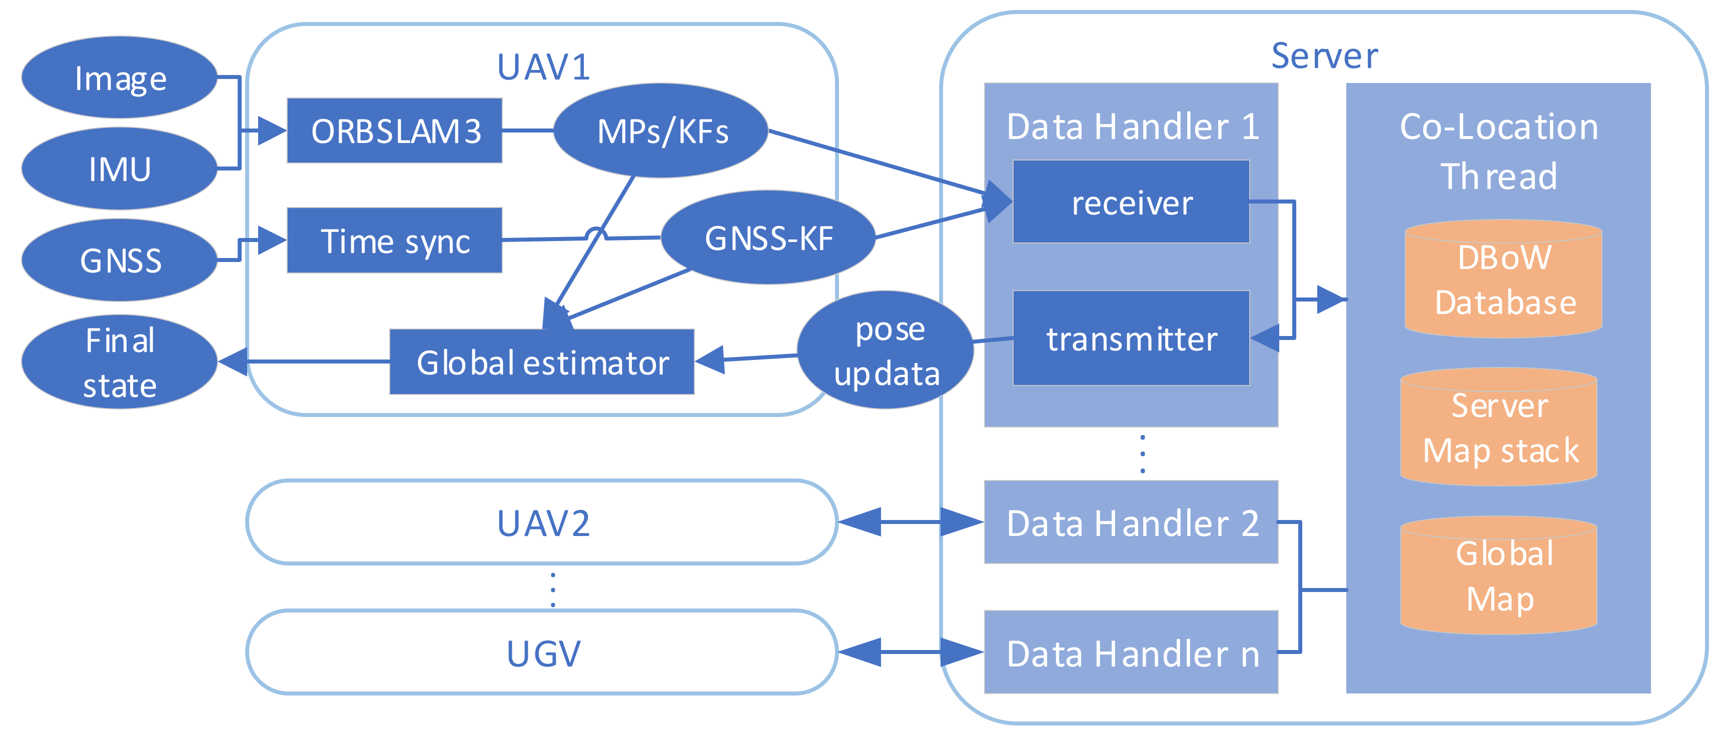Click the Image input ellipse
click(x=120, y=78)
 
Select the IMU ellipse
click(x=120, y=169)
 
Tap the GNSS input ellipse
click(x=120, y=260)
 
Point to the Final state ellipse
click(x=120, y=362)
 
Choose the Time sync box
click(x=394, y=240)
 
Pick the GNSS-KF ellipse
click(x=768, y=238)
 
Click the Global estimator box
click(x=542, y=362)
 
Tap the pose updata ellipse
click(x=886, y=350)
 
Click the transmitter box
click(x=1131, y=338)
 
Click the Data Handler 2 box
click(x=1131, y=523)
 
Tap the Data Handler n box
click(x=1131, y=653)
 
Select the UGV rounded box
click(x=542, y=653)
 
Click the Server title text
click(x=1324, y=56)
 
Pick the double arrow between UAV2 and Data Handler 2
click(x=911, y=522)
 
